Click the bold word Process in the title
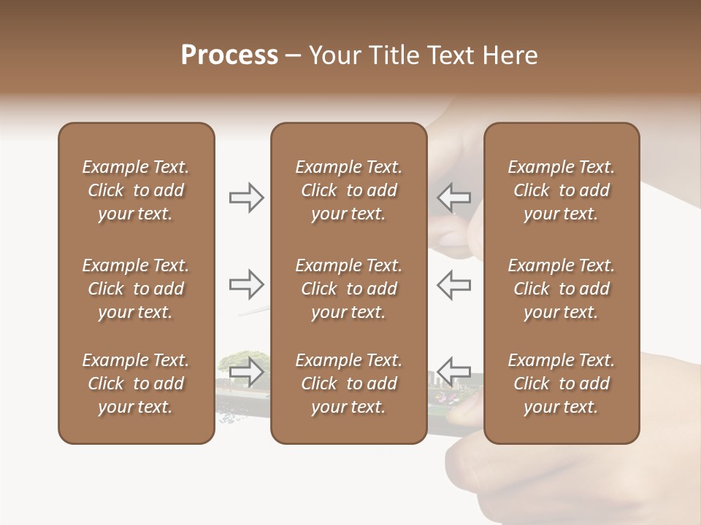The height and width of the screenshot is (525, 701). [229, 55]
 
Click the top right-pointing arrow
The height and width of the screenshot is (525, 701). [247, 197]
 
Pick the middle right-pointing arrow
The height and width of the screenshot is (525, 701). [247, 284]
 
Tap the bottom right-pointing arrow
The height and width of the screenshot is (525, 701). [247, 371]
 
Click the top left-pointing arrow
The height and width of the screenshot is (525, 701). [454, 197]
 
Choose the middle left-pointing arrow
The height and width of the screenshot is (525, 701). [454, 284]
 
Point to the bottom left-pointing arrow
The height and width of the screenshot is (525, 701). [454, 371]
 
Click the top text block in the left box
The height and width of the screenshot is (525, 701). [136, 190]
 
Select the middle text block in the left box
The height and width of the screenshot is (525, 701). [136, 289]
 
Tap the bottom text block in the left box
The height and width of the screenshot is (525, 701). [136, 384]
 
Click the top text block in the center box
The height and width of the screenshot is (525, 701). [349, 190]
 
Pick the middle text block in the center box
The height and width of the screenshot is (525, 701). [349, 289]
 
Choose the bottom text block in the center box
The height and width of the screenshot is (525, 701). [349, 384]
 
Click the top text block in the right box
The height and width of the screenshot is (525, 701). [562, 190]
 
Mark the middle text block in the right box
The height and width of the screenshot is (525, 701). [562, 289]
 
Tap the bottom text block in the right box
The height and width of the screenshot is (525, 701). [562, 384]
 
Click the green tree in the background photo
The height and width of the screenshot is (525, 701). [232, 359]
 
